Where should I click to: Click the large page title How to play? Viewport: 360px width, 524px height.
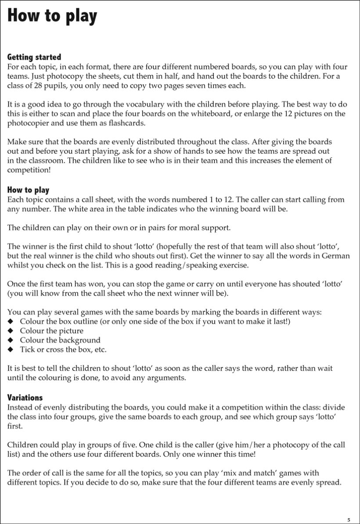pos(52,16)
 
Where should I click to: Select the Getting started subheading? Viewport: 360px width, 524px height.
pos(34,57)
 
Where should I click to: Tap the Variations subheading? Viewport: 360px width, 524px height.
pos(25,398)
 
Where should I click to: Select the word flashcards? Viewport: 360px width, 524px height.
pos(131,123)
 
